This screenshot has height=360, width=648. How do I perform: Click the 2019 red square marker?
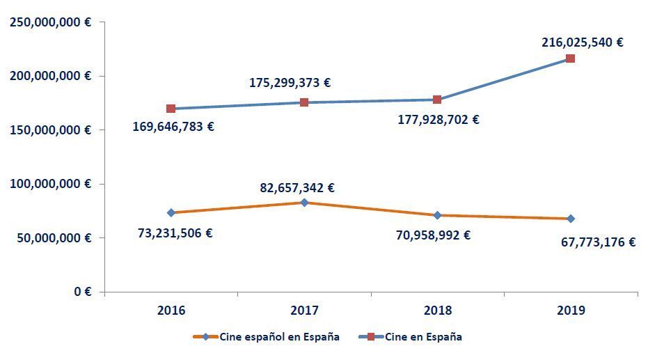[570, 58]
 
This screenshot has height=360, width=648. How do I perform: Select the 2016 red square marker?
[171, 109]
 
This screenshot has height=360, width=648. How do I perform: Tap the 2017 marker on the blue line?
[304, 102]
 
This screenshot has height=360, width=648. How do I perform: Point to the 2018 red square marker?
[437, 100]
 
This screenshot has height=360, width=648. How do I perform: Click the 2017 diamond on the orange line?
[304, 203]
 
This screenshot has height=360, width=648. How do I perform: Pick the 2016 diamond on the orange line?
[171, 212]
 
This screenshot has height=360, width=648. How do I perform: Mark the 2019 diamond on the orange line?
[571, 219]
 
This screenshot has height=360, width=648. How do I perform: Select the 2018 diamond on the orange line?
[437, 215]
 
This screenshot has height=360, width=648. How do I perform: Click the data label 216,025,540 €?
[582, 42]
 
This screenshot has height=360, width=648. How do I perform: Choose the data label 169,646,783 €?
[173, 127]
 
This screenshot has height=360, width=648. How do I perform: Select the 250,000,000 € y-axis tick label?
[50, 22]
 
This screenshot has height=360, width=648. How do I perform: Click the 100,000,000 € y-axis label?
[50, 184]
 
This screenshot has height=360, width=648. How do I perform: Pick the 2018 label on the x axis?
[437, 311]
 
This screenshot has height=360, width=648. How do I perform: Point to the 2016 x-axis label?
[171, 311]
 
